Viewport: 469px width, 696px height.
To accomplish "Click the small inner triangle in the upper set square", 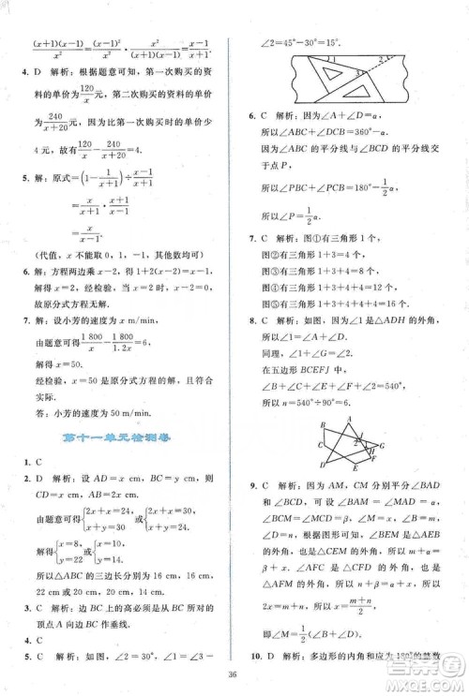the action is tap(330, 70).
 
